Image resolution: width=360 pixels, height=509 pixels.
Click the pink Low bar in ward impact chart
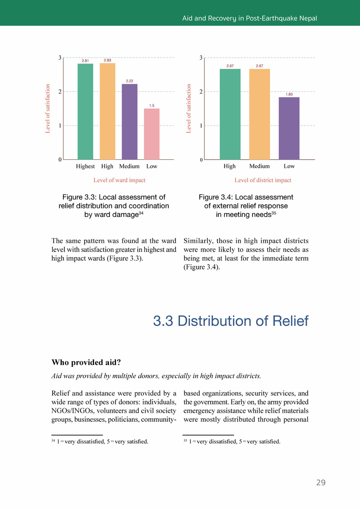click(152, 134)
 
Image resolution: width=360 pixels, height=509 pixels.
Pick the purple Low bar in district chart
click(289, 128)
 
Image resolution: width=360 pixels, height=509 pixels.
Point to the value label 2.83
click(108, 60)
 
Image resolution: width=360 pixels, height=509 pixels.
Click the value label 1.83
click(289, 94)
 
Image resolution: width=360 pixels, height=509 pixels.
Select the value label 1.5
click(152, 105)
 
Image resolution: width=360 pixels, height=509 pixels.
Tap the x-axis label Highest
click(85, 166)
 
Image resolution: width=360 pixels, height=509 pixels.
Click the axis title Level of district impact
click(263, 180)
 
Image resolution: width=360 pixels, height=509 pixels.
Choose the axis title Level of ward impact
click(119, 180)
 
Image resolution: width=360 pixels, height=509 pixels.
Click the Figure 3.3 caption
click(114, 206)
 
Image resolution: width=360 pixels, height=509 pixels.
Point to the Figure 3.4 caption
click(246, 206)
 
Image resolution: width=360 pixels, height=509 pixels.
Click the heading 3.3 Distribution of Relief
click(230, 321)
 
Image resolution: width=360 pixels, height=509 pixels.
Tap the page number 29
click(320, 482)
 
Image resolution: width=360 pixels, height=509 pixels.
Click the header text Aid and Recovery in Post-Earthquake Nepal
click(249, 18)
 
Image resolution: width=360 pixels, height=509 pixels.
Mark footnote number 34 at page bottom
click(53, 441)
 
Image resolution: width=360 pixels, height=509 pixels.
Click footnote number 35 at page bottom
click(185, 441)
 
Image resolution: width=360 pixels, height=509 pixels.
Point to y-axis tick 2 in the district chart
click(201, 92)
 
